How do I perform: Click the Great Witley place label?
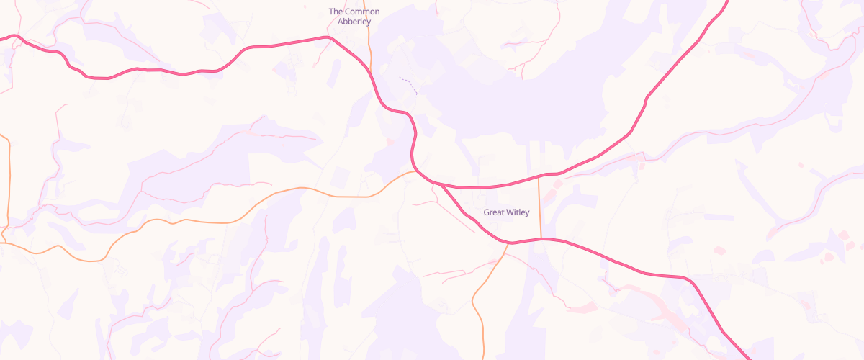coord(506,212)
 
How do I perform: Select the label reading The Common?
coord(354,12)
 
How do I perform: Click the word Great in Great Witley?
coord(494,212)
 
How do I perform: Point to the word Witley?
coord(518,212)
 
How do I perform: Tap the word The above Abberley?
coord(336,12)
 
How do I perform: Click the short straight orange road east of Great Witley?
coord(540,209)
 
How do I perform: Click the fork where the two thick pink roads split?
coord(438,184)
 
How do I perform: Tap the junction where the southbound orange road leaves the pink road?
coord(508,243)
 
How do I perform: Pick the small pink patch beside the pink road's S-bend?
coord(390,142)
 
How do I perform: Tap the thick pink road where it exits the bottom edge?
coord(747,356)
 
